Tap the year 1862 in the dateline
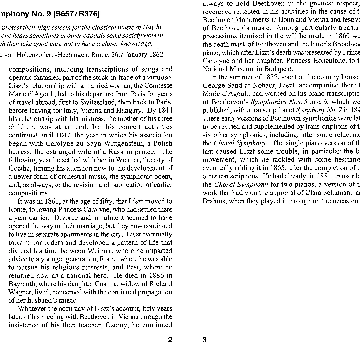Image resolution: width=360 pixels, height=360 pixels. [x=155, y=55]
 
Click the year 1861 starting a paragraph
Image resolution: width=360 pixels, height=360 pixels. [x=54, y=201]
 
